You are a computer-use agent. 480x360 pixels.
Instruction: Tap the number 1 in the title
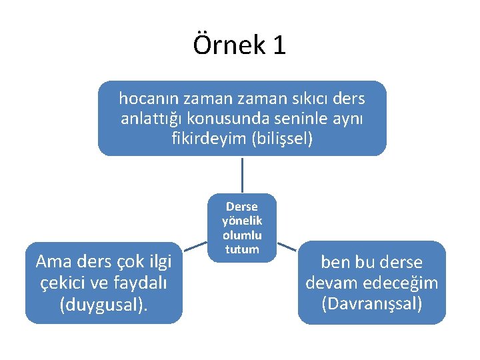279,45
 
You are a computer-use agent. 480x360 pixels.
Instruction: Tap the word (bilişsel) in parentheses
281,139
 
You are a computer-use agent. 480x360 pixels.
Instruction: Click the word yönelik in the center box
242,221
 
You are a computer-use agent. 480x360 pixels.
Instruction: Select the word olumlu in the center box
242,235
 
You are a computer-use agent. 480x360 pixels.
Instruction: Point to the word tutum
242,249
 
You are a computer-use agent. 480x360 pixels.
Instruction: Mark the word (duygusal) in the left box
103,305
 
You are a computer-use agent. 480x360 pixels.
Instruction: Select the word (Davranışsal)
371,304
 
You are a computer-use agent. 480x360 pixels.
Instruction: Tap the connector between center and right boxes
287,247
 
